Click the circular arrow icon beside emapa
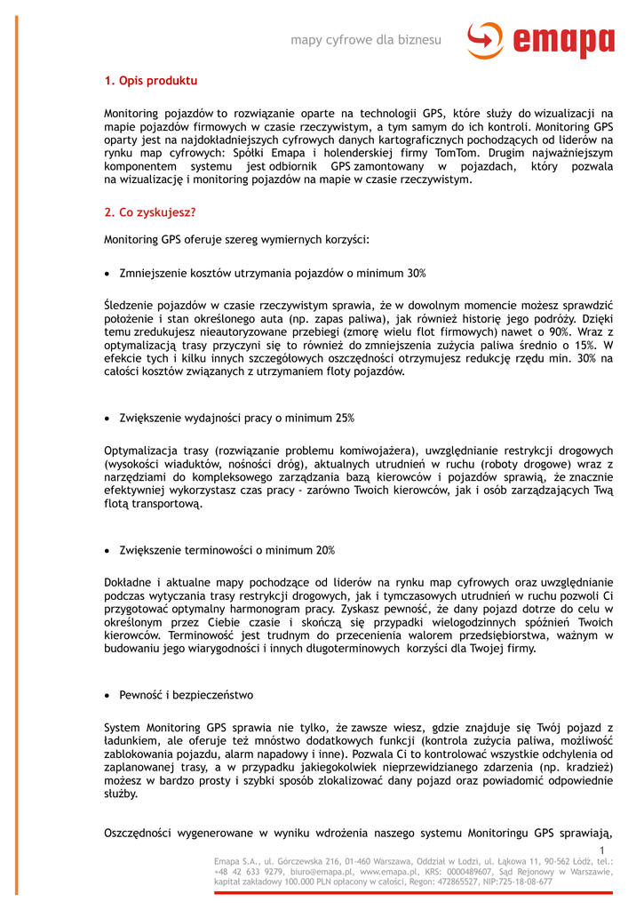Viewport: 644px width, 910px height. click(484, 40)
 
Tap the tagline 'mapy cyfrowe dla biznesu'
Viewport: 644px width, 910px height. click(366, 40)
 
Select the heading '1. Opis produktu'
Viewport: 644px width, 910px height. click(150, 81)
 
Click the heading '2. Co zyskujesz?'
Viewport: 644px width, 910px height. click(149, 212)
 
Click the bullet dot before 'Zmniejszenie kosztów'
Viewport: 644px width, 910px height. click(107, 273)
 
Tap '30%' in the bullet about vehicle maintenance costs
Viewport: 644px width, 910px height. click(417, 273)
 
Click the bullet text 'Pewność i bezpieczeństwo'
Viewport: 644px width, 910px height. click(187, 695)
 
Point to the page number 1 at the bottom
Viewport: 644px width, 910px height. click(601, 851)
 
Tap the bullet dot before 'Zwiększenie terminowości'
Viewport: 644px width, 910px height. click(107, 550)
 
